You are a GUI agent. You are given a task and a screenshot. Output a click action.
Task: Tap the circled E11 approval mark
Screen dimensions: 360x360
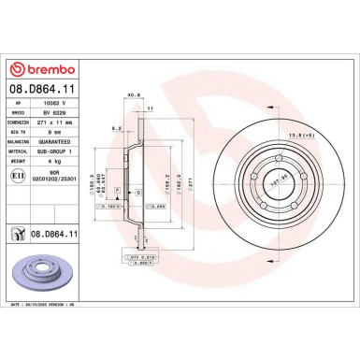point(18,177)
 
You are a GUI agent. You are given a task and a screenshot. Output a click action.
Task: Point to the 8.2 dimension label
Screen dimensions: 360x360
point(116,126)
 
